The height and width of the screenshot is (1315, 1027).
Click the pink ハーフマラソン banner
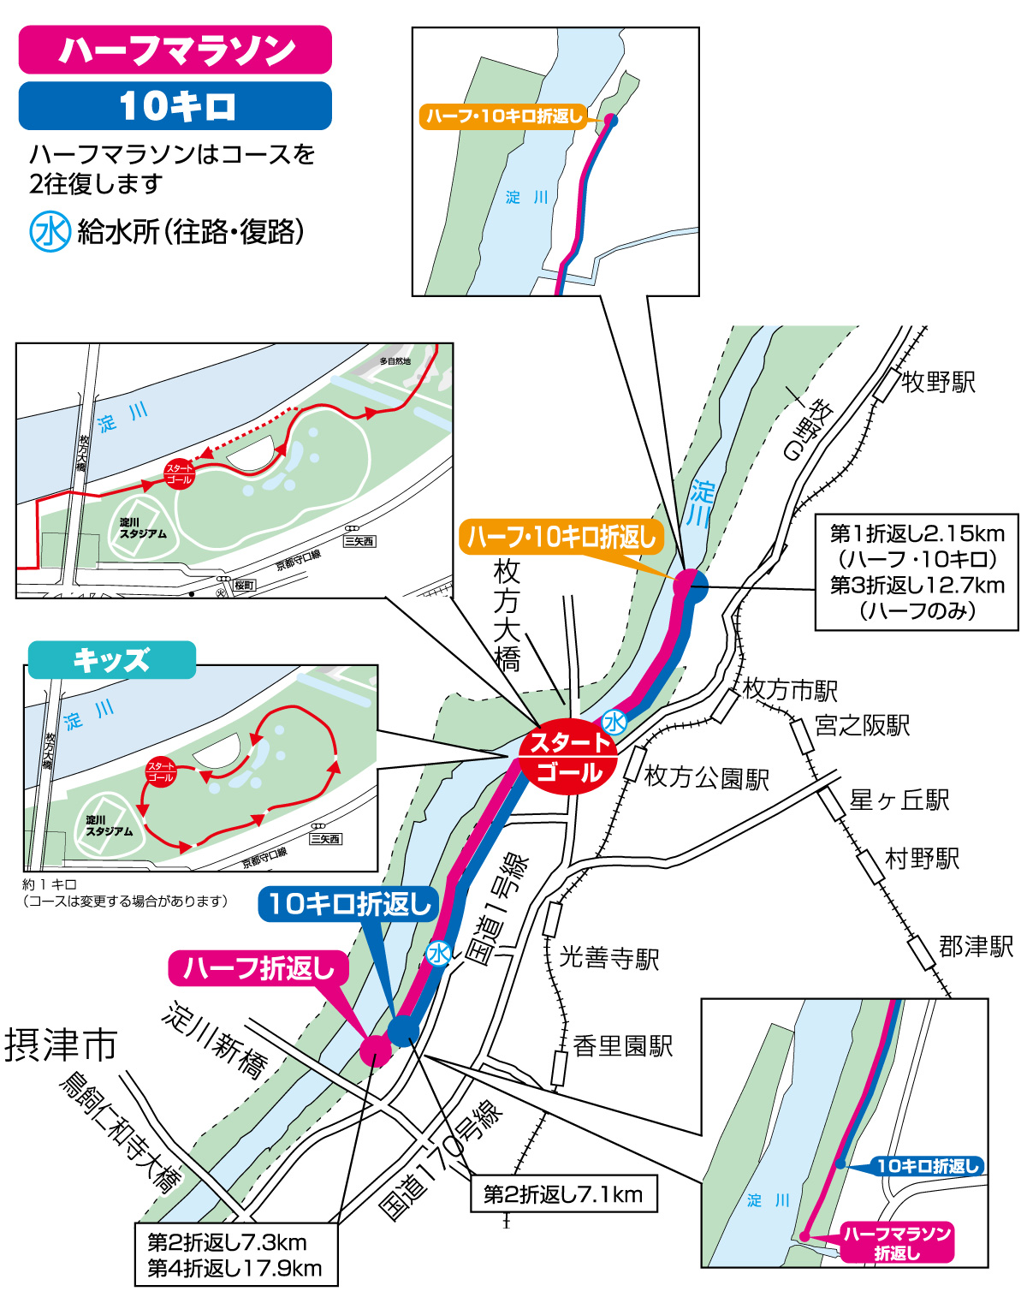(175, 51)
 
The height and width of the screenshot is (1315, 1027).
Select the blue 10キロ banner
(175, 106)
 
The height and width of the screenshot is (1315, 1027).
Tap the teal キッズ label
(111, 660)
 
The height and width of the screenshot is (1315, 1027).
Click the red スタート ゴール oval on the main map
(568, 759)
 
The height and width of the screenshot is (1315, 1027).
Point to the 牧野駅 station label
(938, 382)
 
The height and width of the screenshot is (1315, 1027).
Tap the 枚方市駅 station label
(790, 690)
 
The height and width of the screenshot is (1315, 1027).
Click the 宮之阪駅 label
(862, 726)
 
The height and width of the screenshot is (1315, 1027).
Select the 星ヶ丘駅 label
(899, 800)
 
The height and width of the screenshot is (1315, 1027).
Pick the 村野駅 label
(922, 859)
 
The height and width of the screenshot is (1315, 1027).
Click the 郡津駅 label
(976, 947)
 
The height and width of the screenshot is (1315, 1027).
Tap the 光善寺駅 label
(609, 958)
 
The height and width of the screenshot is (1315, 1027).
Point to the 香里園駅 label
(622, 1046)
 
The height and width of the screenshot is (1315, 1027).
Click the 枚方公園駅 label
(706, 778)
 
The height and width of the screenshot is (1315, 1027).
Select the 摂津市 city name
(61, 1045)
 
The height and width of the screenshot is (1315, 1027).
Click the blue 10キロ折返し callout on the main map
(349, 904)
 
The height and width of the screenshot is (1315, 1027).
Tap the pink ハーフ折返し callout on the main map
(258, 968)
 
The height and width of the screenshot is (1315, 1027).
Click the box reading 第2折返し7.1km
(563, 1194)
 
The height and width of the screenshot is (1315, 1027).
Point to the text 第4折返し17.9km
(234, 1269)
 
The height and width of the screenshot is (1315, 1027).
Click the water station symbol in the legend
(50, 231)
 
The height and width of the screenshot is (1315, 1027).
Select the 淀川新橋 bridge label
(215, 1039)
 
